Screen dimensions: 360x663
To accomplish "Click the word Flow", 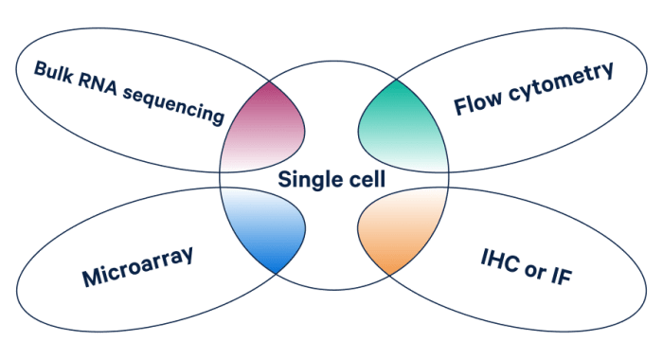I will [x=476, y=100].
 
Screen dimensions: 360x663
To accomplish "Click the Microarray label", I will [x=142, y=266].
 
